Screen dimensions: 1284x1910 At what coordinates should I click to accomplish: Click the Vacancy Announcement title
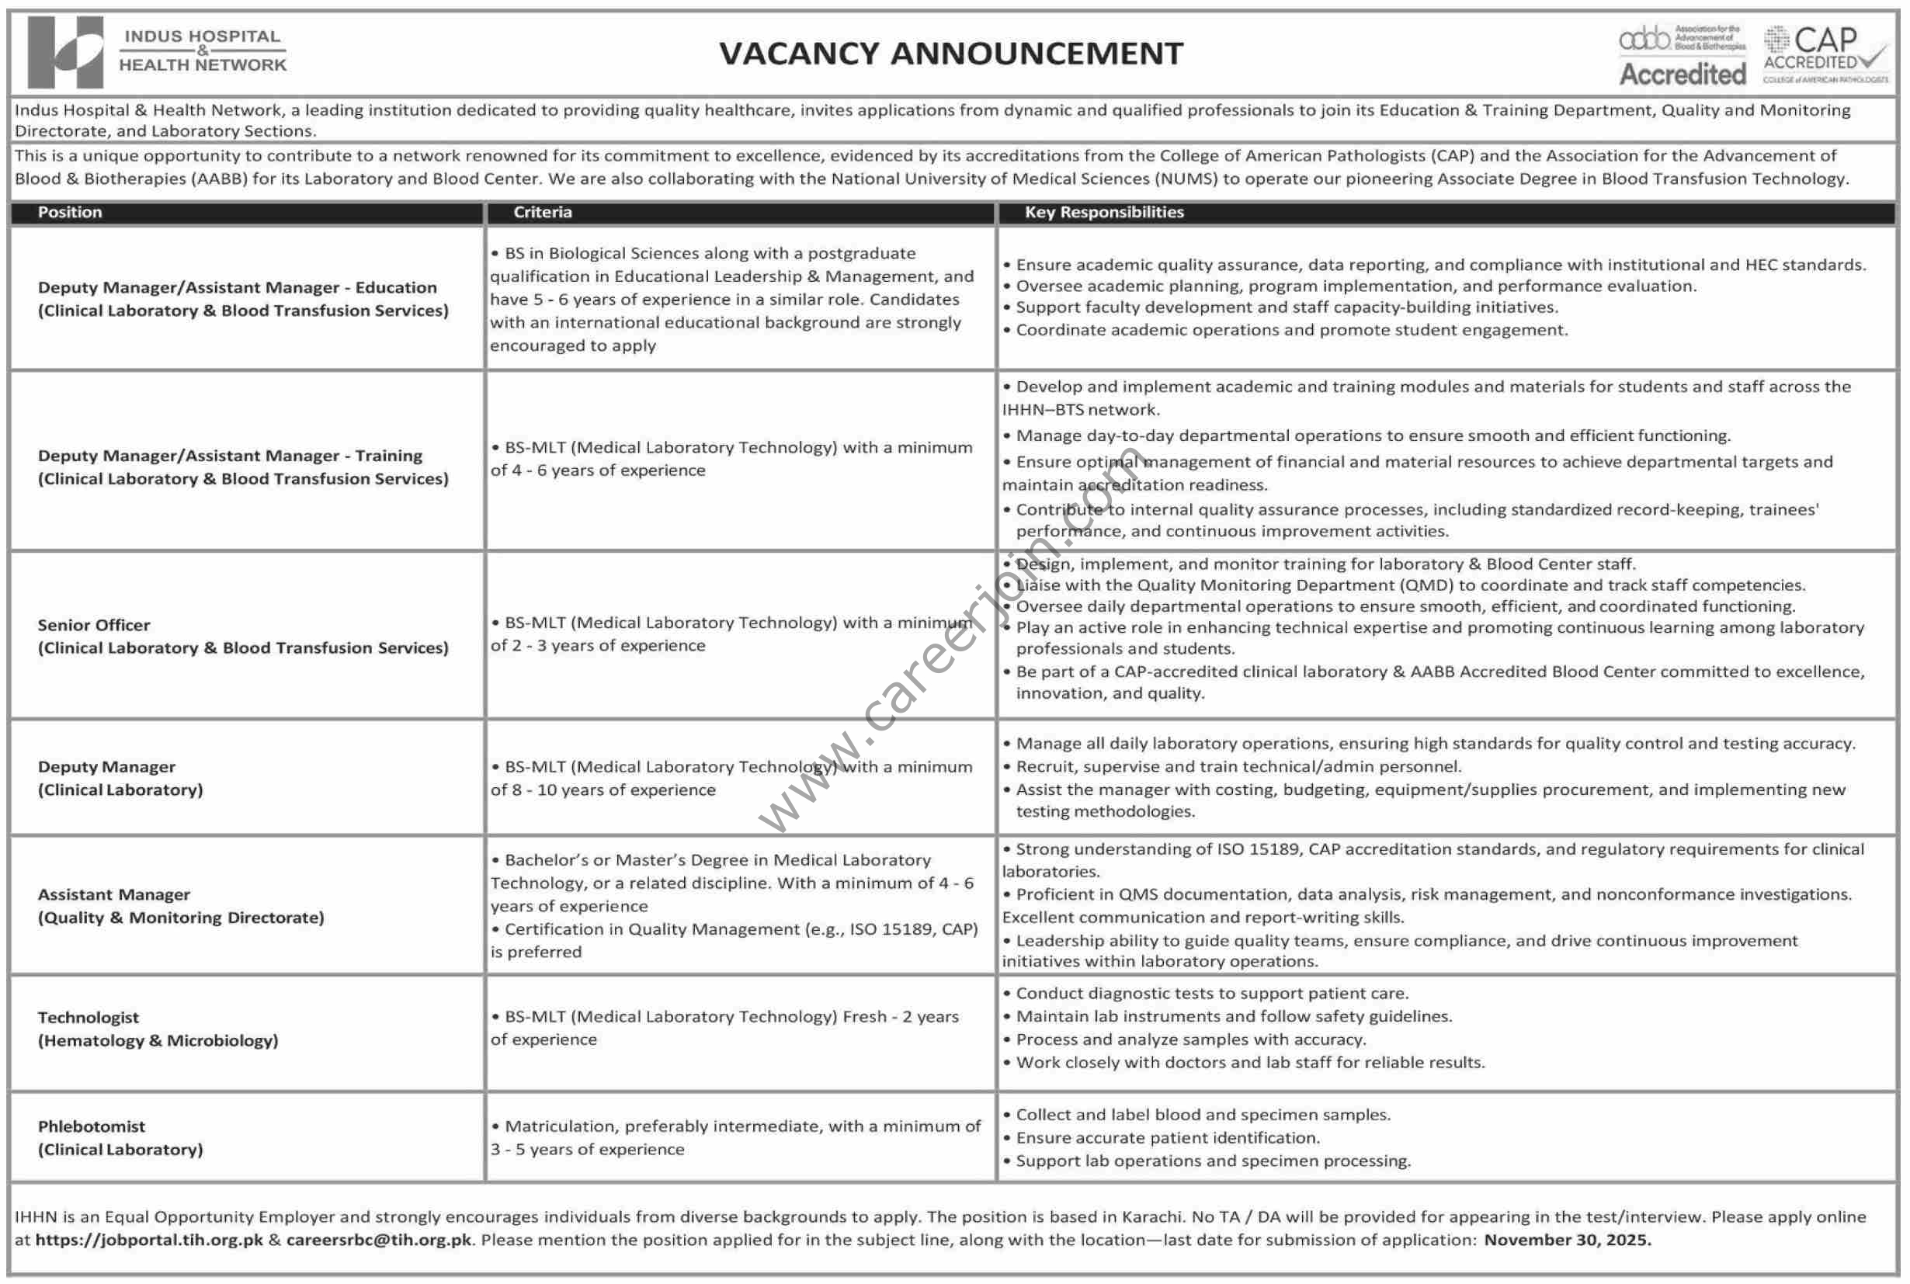pos(951,54)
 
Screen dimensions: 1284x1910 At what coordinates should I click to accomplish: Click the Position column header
pos(70,212)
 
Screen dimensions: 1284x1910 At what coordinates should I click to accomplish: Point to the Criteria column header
pos(542,212)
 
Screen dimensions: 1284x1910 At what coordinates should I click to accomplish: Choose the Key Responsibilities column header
pos(1103,212)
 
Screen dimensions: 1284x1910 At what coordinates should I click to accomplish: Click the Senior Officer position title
pos(94,625)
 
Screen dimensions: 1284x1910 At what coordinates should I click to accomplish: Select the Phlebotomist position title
pos(91,1126)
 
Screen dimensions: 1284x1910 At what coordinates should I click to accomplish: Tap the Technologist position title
pos(89,1017)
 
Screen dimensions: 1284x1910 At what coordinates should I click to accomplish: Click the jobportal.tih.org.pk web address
pos(149,1240)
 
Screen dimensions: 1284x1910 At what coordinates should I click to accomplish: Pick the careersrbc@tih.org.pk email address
pos(378,1240)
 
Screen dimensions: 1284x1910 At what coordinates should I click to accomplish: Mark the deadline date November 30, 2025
pos(1567,1240)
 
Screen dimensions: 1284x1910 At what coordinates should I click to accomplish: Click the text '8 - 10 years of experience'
pos(614,790)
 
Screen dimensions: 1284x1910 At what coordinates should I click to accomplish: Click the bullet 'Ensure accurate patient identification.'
pos(1167,1137)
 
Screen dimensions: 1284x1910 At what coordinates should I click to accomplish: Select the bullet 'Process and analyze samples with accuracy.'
pos(1190,1039)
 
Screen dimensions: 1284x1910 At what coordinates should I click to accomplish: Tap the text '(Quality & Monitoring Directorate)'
pos(181,918)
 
